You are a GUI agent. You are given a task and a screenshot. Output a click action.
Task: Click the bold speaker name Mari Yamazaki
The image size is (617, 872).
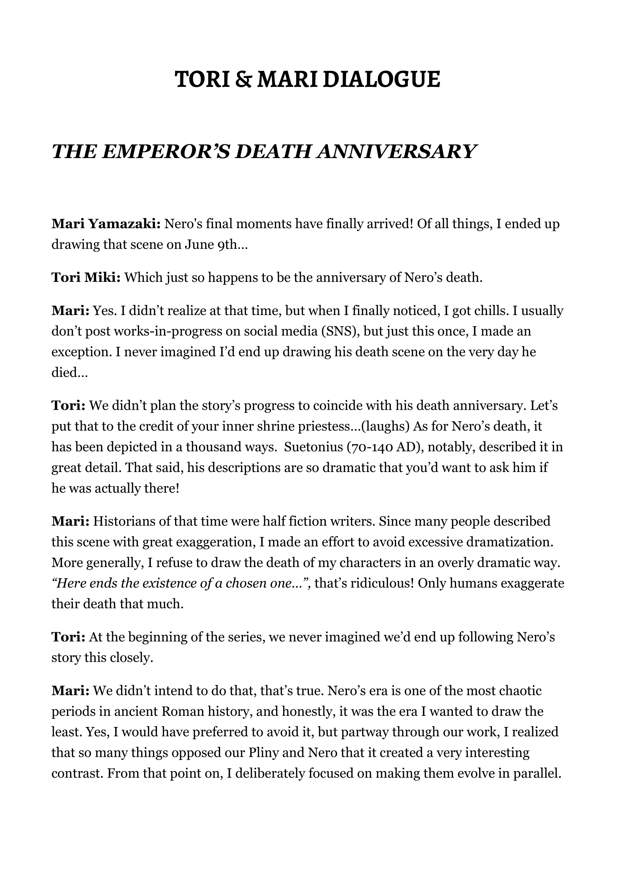[107, 224]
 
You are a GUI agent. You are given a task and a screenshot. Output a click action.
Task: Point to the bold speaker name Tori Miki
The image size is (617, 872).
[86, 277]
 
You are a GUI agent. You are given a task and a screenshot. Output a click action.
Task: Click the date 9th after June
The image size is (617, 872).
[228, 245]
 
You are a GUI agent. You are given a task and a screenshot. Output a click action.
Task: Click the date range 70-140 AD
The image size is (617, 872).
[377, 447]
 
